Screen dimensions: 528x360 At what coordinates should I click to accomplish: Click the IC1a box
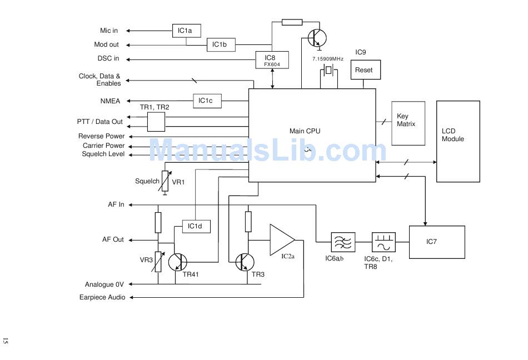[187, 31]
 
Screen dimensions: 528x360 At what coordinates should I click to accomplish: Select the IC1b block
[221, 45]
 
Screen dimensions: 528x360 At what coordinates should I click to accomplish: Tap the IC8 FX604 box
[272, 60]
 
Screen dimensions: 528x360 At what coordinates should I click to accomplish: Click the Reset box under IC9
[366, 69]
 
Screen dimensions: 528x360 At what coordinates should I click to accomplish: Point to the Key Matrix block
[408, 123]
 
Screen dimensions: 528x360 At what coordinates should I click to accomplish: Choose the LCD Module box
[458, 141]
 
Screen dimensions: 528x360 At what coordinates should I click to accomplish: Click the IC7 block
[437, 242]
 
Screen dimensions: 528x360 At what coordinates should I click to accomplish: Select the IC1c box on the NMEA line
[207, 101]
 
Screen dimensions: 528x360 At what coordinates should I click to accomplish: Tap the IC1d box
[196, 227]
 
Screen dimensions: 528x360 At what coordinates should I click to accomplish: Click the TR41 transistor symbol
[177, 262]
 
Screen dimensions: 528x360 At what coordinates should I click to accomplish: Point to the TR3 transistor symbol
[245, 262]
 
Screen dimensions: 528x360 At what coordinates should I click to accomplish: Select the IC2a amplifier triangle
[282, 240]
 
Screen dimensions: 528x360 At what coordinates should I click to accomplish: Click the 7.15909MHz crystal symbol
[328, 71]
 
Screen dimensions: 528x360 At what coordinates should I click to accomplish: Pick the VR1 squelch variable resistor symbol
[165, 181]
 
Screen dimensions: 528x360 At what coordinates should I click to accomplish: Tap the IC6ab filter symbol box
[343, 242]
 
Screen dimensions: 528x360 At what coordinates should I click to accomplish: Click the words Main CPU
[305, 131]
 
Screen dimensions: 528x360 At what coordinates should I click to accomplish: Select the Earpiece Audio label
[102, 297]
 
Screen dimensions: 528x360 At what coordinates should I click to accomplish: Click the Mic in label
[109, 31]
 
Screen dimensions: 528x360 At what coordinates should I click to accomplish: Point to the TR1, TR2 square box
[156, 122]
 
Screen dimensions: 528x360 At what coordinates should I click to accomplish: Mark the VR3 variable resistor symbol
[158, 262]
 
